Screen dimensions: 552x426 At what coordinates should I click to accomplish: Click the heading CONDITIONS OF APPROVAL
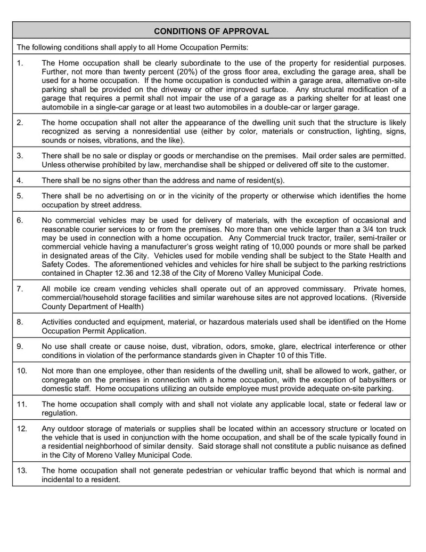pyautogui.click(x=211, y=31)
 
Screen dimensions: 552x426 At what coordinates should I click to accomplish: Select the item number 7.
pyautogui.click(x=20, y=289)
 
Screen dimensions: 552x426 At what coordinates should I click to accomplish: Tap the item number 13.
pyautogui.click(x=22, y=470)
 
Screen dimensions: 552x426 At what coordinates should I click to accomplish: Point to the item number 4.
pyautogui.click(x=20, y=180)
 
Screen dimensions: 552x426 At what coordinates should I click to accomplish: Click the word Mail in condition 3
pyautogui.click(x=312, y=156)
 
